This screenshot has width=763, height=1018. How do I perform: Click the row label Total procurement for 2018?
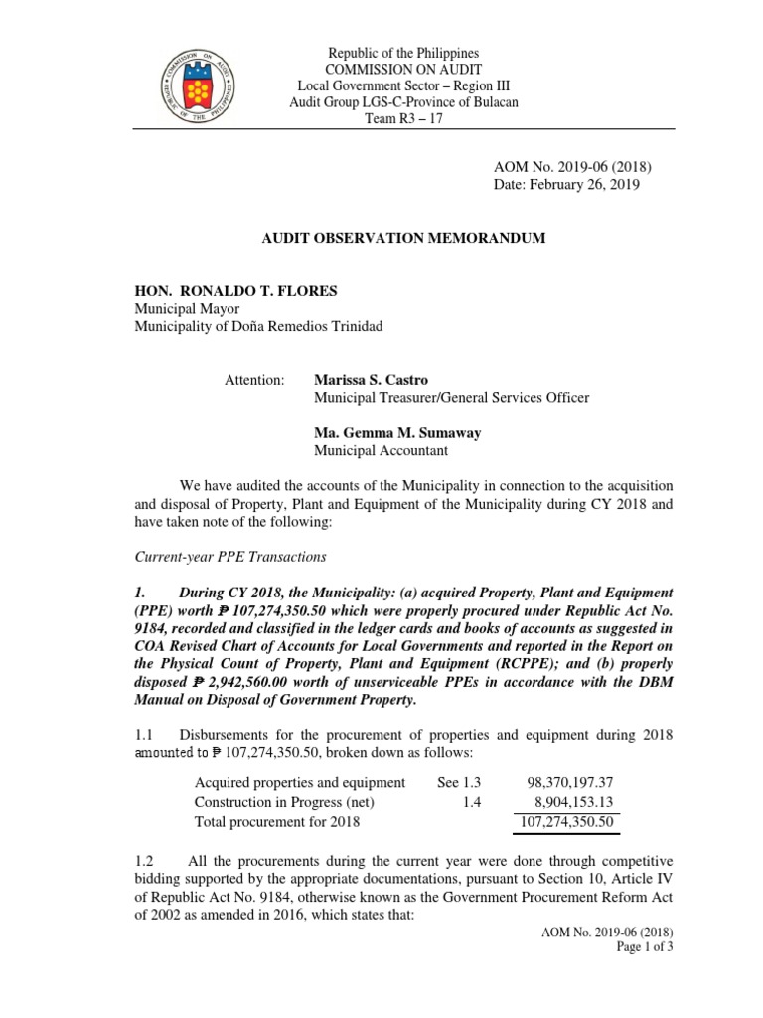(277, 822)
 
